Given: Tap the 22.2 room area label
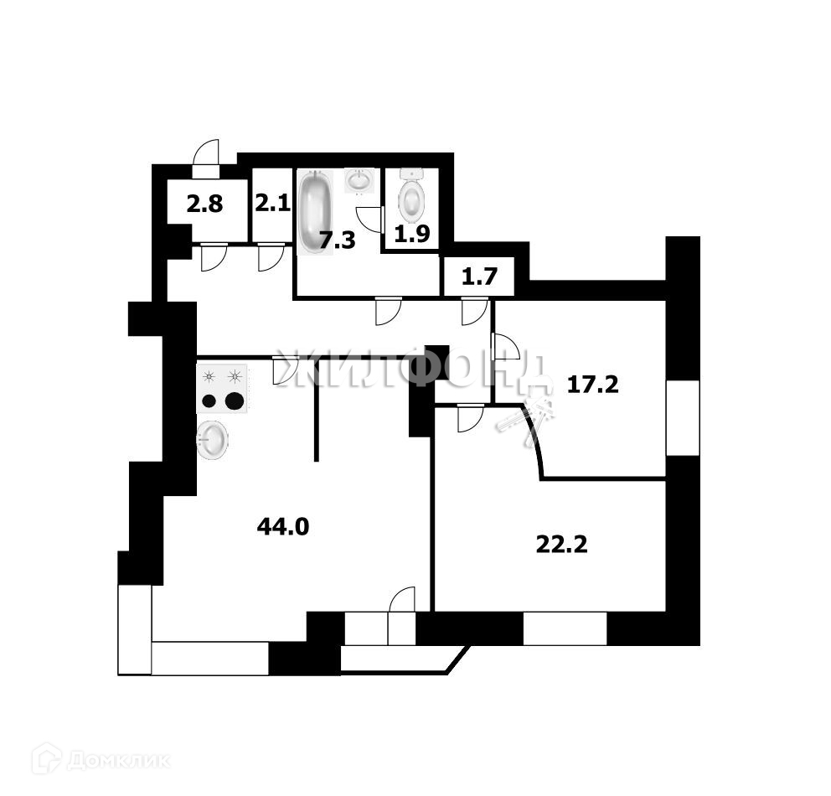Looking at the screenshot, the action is (x=561, y=545).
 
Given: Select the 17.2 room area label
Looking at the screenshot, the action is (x=592, y=385).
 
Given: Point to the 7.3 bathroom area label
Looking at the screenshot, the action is (x=338, y=241).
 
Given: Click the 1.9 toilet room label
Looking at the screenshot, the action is (x=411, y=235).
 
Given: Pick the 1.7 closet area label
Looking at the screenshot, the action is (x=477, y=277).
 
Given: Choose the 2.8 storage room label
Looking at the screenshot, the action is (x=204, y=204).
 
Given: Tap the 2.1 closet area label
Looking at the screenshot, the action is (x=271, y=204).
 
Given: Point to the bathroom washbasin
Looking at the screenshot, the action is (x=360, y=180).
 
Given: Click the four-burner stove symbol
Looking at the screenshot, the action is (x=223, y=390).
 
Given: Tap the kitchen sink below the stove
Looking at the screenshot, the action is (x=212, y=439).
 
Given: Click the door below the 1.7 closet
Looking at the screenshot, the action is (x=473, y=313).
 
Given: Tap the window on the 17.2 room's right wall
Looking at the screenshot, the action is (x=682, y=417).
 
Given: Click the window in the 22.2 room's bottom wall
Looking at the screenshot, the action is (x=565, y=628).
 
